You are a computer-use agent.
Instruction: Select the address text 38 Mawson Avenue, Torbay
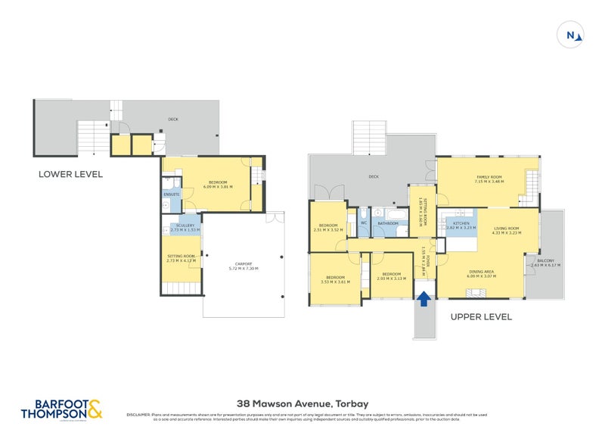302,403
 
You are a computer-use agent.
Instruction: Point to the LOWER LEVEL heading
70,174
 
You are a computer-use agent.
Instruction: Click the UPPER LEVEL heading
481,316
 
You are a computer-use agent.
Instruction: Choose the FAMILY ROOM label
488,177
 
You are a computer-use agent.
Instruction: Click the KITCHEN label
461,223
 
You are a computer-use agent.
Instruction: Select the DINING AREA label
481,271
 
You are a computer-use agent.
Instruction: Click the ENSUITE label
171,195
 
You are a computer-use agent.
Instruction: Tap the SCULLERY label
183,225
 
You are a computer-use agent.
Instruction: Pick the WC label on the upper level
363,223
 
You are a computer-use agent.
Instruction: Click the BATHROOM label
388,223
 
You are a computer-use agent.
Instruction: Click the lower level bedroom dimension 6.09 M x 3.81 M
220,186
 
